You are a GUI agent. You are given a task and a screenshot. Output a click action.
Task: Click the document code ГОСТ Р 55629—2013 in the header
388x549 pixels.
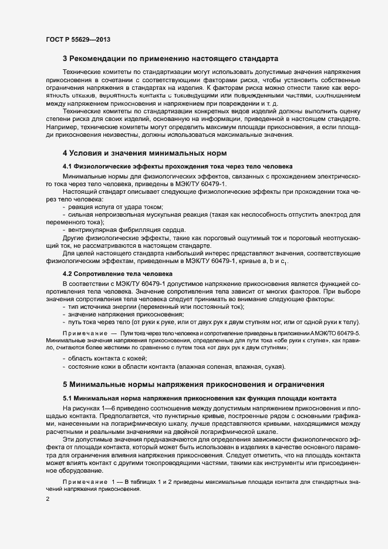[x=77, y=39]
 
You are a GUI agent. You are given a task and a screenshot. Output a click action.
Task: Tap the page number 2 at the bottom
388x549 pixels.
[x=47, y=499]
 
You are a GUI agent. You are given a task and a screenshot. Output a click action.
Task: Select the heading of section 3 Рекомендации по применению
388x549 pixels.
[x=170, y=59]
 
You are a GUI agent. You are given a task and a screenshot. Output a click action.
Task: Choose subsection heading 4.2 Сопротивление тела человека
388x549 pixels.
[x=117, y=274]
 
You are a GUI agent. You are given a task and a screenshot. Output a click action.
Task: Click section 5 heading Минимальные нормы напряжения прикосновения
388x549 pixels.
[x=193, y=385]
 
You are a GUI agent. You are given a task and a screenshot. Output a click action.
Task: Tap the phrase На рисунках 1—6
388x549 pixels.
[x=87, y=407]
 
